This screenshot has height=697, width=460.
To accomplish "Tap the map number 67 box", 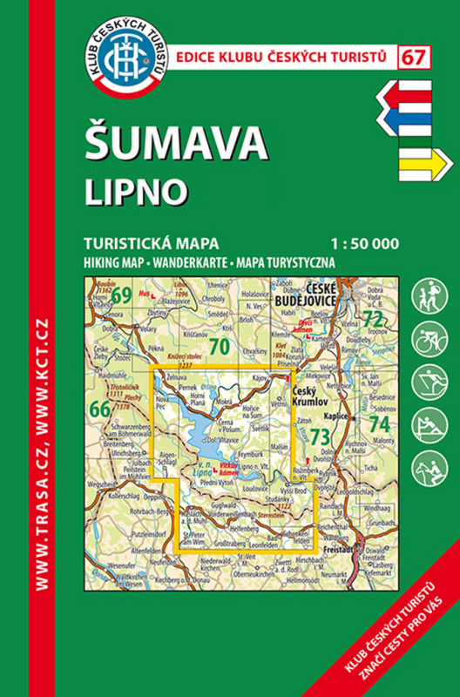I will point(415,58).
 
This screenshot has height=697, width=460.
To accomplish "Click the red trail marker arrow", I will point(408,91).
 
